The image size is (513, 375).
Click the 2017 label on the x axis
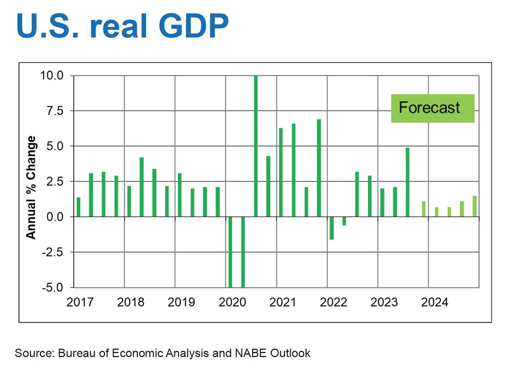point(80,302)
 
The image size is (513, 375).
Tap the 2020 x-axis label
point(233,302)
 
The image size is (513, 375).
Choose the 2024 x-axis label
point(434,302)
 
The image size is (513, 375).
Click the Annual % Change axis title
point(31,187)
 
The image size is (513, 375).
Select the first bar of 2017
point(79,207)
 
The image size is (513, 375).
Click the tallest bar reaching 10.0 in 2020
point(256,146)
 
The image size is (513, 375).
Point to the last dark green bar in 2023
point(407,182)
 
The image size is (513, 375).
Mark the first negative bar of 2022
point(332,228)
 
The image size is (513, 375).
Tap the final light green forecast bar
point(474,206)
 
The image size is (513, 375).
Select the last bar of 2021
point(319,168)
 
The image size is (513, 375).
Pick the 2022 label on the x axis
point(334,302)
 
